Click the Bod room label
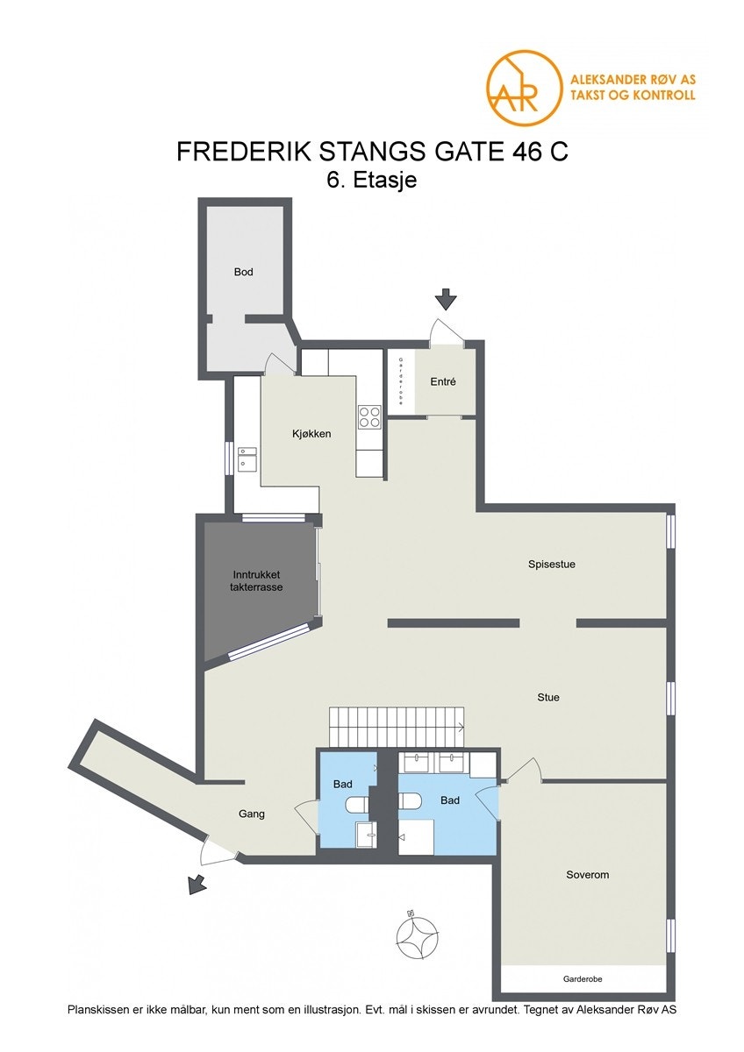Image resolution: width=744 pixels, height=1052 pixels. pos(243,272)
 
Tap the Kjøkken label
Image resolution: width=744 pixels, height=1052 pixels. pos(311,433)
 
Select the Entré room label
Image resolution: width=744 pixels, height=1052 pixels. pos(443,382)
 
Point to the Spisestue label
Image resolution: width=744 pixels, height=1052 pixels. pos(551,564)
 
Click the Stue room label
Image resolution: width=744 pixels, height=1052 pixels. pos(548,698)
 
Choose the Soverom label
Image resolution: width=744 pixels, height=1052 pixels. pos(587,875)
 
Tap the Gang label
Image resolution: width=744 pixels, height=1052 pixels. pos(252,814)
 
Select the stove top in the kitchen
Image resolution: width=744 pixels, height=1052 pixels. pos(369,416)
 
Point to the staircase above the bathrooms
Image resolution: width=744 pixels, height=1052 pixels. pos(397,725)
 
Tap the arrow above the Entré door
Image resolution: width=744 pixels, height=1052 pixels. pos(447,299)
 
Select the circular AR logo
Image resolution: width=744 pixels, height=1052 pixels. pos(524,88)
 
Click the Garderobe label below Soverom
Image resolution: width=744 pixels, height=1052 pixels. pos(583,978)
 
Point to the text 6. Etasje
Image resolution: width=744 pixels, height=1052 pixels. pos(370,181)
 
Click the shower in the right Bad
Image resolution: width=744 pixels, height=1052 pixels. pos(418,837)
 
